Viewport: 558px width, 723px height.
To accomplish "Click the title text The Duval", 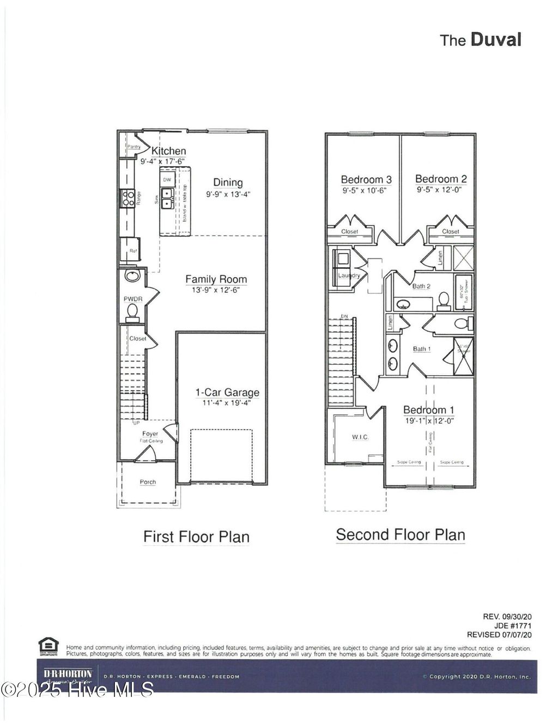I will pos(481,40).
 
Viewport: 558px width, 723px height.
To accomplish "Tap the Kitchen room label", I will pos(168,151).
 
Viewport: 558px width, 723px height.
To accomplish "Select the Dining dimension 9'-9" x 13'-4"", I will pos(228,194).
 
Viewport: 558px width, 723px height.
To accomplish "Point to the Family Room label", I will pos(216,279).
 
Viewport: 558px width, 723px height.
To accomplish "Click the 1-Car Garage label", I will pos(227,393).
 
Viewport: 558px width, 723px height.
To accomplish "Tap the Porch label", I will pos(148,482).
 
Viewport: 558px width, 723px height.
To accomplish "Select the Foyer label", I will pos(150,434).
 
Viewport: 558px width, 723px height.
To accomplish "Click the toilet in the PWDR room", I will pos(132,311).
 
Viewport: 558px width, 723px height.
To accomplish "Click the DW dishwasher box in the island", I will pos(167,179).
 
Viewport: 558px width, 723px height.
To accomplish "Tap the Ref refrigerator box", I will pos(133,251).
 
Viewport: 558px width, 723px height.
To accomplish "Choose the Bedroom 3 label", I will pos(366,179).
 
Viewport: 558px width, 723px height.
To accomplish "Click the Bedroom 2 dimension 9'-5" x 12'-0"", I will pos(441,191).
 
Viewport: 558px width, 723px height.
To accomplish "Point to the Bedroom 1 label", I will pos(428,410).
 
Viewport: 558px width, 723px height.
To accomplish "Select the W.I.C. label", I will pos(360,437).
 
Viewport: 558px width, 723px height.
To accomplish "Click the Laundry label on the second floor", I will pos(349,275).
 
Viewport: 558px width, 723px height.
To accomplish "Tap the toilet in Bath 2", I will pos(444,299).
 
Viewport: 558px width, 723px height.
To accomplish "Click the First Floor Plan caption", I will pos(196,537).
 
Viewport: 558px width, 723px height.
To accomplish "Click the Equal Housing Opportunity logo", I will pos(48,647).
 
